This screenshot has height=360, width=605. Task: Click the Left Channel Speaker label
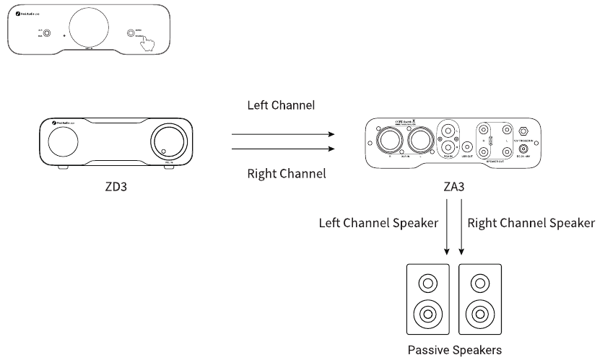378,223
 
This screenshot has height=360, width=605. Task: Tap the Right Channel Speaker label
531,223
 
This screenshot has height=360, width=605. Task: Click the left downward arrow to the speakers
447,231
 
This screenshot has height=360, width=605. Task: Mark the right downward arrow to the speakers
461,231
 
